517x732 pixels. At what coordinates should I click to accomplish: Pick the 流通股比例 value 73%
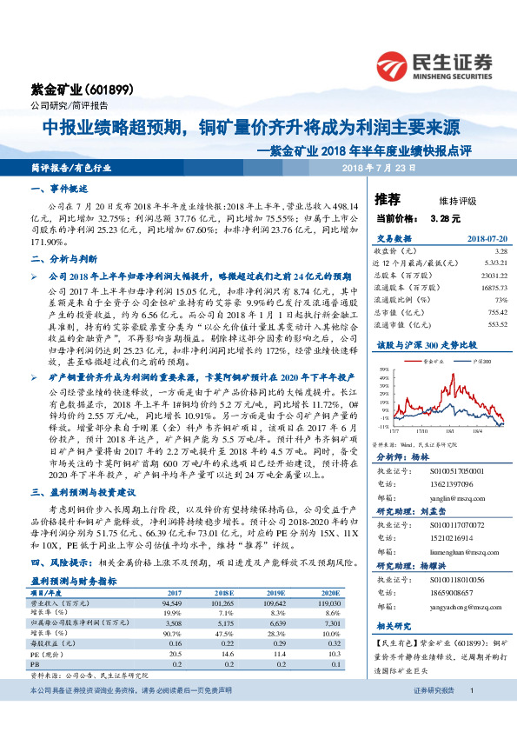point(499,299)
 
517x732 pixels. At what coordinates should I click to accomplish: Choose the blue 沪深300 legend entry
point(481,359)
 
